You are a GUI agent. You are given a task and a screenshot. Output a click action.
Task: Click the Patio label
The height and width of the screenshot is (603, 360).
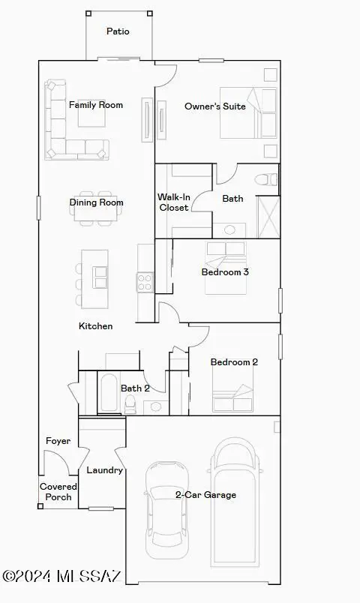point(118,31)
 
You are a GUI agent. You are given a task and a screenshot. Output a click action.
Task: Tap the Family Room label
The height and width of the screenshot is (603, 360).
point(96,105)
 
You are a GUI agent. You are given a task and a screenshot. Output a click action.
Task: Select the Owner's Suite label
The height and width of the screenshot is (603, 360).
point(215,106)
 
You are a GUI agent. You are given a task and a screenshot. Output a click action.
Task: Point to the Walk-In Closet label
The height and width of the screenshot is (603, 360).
point(173,202)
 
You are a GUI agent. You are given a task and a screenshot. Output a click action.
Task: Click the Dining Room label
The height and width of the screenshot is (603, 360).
point(96,202)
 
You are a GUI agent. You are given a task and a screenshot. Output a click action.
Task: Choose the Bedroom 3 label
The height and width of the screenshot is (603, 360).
point(225,271)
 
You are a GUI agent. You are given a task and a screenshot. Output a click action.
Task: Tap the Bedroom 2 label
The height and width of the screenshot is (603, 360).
point(234,362)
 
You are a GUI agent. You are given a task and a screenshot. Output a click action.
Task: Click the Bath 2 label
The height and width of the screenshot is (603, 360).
point(136,388)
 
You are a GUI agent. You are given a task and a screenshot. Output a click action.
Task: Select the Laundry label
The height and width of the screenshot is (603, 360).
point(104,470)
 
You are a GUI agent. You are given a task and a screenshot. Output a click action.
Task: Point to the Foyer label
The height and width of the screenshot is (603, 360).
point(58,441)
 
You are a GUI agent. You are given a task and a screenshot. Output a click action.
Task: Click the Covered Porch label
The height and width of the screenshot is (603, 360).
point(58,492)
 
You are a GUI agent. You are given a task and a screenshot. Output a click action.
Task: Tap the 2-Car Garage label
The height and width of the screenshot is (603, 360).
point(205,495)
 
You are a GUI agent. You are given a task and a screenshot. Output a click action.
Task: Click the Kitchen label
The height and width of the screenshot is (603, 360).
point(96,326)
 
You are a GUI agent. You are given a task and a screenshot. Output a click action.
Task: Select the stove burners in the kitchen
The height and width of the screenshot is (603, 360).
point(144,282)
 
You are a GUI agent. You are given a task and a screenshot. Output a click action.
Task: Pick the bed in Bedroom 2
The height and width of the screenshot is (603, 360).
point(232,397)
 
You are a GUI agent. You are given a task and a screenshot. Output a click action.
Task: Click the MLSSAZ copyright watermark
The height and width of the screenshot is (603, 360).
point(61,576)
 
